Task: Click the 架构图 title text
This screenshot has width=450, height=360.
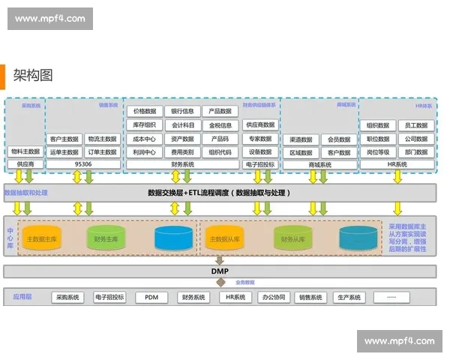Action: pyautogui.click(x=33, y=76)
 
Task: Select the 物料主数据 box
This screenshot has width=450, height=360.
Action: pyautogui.click(x=25, y=151)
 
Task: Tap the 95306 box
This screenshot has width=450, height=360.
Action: pyautogui.click(x=83, y=163)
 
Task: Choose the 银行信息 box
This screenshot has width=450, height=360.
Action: pyautogui.click(x=182, y=112)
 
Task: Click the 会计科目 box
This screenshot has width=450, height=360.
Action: pyautogui.click(x=182, y=125)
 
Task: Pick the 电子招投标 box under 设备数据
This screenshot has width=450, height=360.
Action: pyautogui.click(x=259, y=163)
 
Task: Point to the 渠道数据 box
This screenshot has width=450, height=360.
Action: pyautogui.click(x=302, y=139)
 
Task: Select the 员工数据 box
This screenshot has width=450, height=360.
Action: pyautogui.click(x=415, y=125)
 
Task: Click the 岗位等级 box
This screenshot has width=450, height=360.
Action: pyautogui.click(x=378, y=151)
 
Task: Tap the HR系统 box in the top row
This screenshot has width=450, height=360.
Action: pyautogui.click(x=397, y=163)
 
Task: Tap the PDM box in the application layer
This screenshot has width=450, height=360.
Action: pyautogui.click(x=151, y=297)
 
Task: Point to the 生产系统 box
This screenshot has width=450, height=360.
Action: pyautogui.click(x=349, y=297)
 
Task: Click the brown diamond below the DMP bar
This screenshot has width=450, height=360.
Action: pyautogui.click(x=220, y=283)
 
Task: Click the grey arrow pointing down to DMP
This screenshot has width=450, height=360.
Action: pyautogui.click(x=220, y=259)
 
